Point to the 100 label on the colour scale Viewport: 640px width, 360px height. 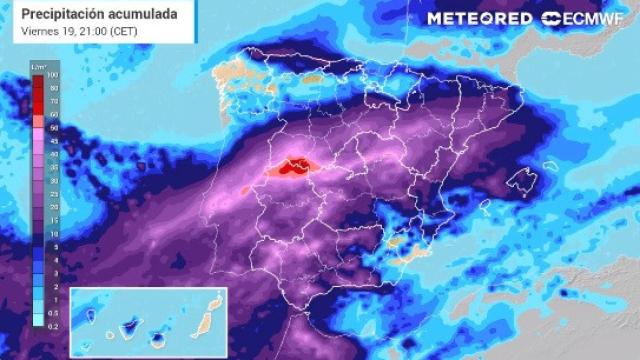[x=51, y=76]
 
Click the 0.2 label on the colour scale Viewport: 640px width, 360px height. [x=51, y=325]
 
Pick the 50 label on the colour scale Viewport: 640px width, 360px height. [x=51, y=129]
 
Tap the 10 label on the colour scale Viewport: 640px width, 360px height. [x=51, y=233]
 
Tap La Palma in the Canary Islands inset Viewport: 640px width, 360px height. [x=91, y=316]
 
